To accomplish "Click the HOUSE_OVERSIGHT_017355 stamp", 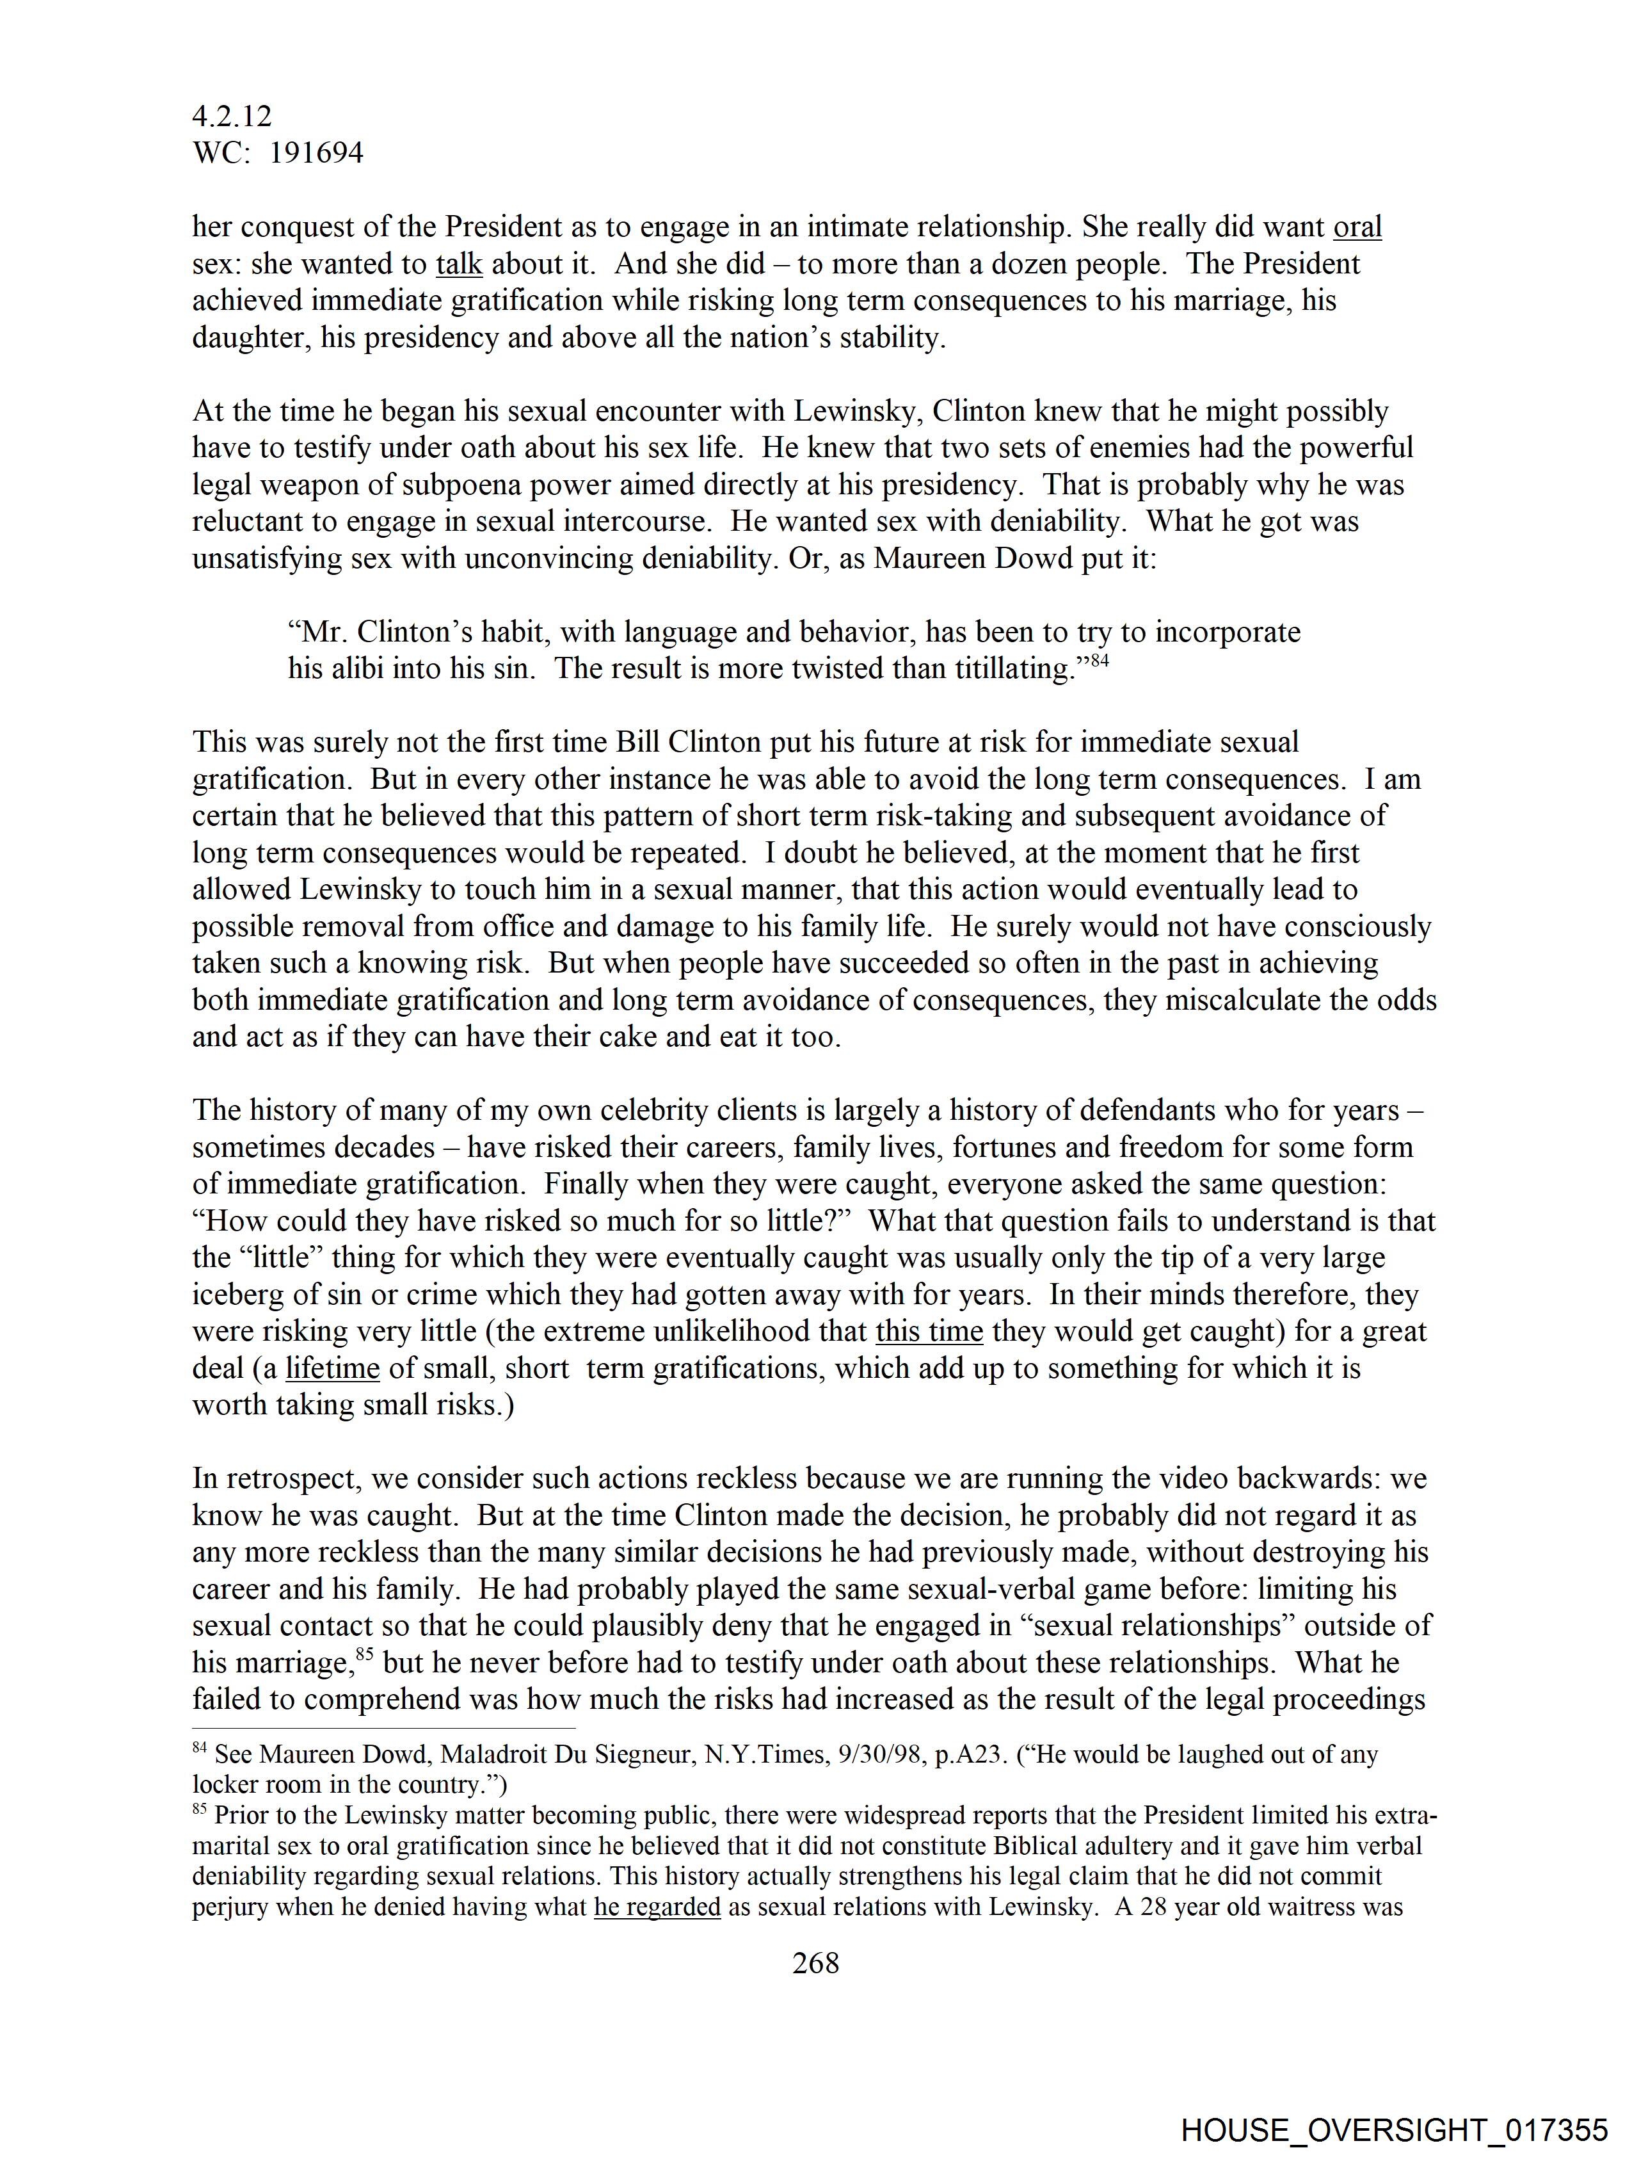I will (1393, 2128).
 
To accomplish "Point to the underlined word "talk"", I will (459, 264).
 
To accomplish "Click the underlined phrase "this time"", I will (929, 1331).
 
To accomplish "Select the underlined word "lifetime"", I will (332, 1368).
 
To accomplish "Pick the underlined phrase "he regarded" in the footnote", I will (657, 1907).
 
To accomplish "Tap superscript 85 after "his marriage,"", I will (365, 1655).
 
